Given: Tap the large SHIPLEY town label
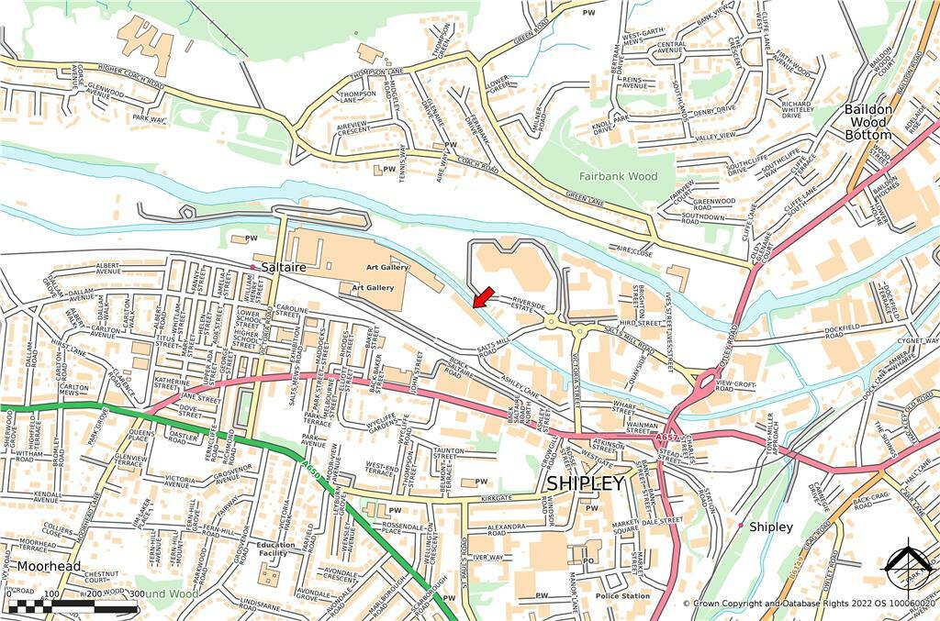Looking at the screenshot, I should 585,482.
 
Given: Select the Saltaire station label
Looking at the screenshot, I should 283,267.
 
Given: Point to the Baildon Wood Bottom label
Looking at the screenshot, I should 867,122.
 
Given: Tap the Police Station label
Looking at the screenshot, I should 621,596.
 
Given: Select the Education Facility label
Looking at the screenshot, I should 276,549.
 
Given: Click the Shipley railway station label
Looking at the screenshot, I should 770,527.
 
